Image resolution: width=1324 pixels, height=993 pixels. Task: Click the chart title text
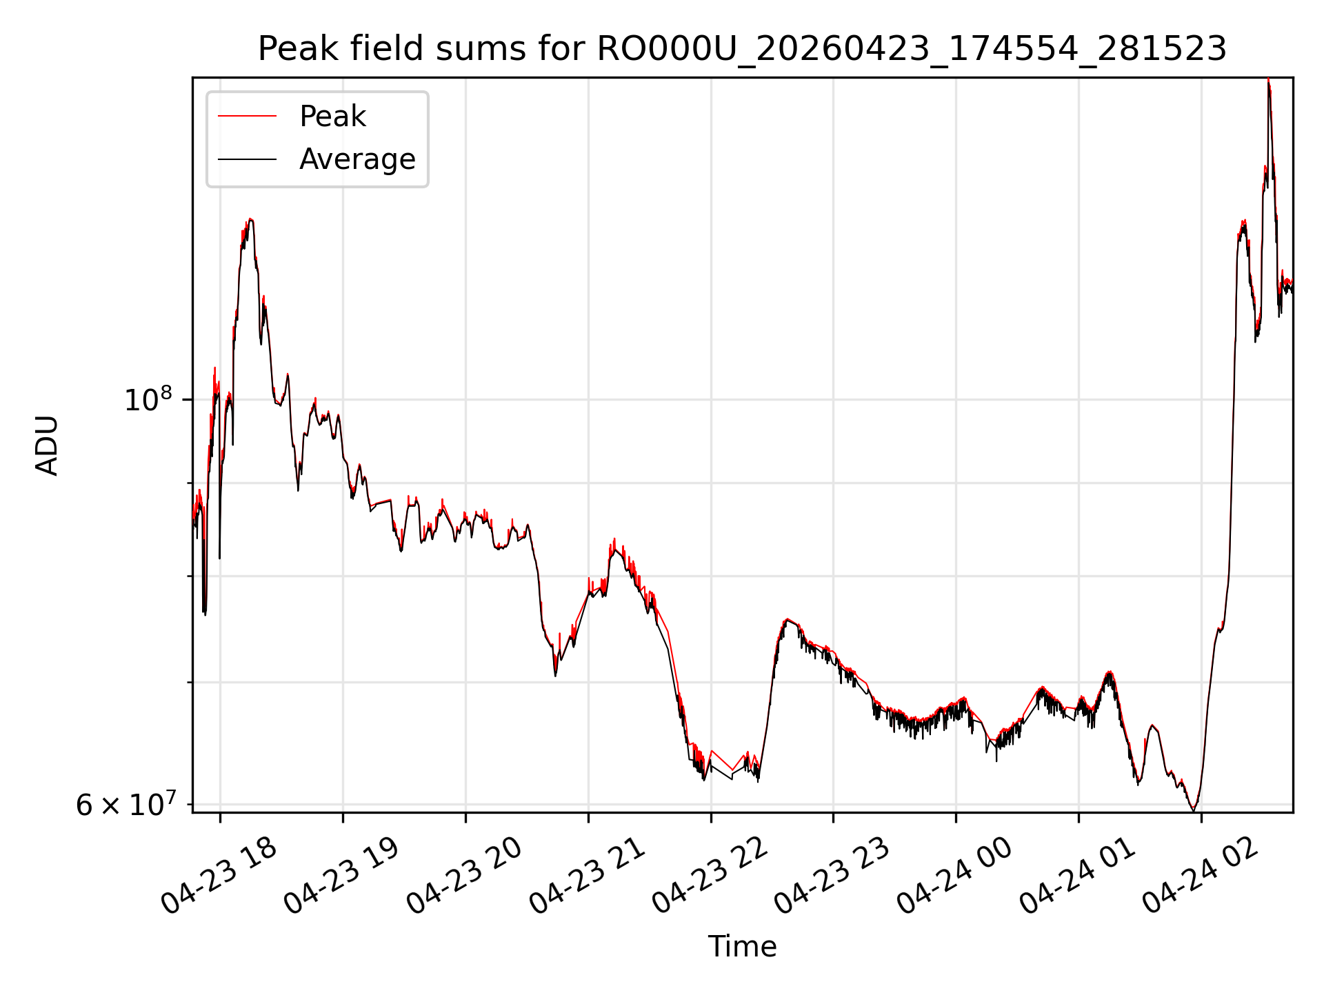[x=742, y=49]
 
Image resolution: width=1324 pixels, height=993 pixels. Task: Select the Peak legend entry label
[x=332, y=116]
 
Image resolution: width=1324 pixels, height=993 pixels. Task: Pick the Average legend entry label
[x=357, y=159]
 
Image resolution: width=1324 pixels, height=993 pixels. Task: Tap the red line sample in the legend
[x=247, y=116]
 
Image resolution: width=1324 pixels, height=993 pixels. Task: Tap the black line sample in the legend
[x=247, y=159]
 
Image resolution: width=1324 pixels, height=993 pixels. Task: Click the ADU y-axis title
[x=48, y=445]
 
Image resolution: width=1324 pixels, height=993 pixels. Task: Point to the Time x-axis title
[x=742, y=946]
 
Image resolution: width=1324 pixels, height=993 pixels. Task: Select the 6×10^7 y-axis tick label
[x=126, y=804]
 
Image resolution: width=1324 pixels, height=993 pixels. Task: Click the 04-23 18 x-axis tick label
[x=219, y=876]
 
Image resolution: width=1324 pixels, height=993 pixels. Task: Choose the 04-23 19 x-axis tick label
[x=342, y=876]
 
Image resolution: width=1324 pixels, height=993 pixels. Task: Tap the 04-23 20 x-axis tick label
[x=464, y=876]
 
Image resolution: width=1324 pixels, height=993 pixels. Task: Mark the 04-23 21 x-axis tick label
[x=587, y=876]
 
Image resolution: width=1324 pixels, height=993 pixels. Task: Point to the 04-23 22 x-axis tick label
[x=710, y=876]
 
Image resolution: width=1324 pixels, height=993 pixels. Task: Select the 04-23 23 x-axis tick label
[x=832, y=876]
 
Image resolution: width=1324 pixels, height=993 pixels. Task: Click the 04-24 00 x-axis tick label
[x=955, y=876]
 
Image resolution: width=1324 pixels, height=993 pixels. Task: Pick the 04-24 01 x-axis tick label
[x=1077, y=876]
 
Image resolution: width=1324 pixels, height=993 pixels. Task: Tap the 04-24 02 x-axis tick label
[x=1200, y=876]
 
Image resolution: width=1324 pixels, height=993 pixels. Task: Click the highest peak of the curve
[x=1268, y=80]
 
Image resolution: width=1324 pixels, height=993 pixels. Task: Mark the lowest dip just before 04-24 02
[x=1194, y=810]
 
